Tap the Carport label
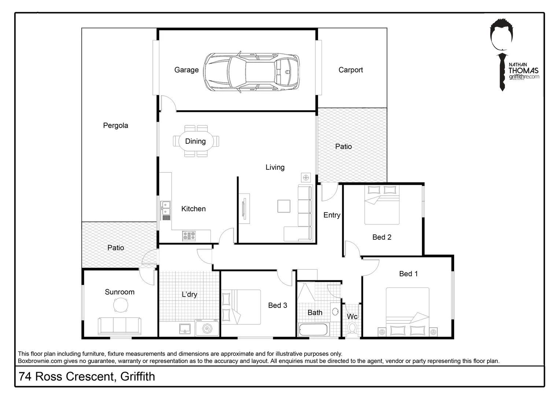point(350,70)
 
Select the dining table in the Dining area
point(195,141)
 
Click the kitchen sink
point(166,208)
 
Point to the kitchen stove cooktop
point(189,235)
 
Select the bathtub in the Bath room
point(313,329)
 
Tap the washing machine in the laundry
point(207,328)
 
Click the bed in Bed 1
point(408,312)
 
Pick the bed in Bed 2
point(382,205)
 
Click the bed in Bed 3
point(240,307)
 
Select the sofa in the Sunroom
point(119,326)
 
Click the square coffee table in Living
point(284,206)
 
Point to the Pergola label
point(115,126)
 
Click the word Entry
point(332,215)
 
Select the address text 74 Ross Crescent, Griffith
point(87,377)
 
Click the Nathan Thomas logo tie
point(502,72)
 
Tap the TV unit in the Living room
point(244,209)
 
